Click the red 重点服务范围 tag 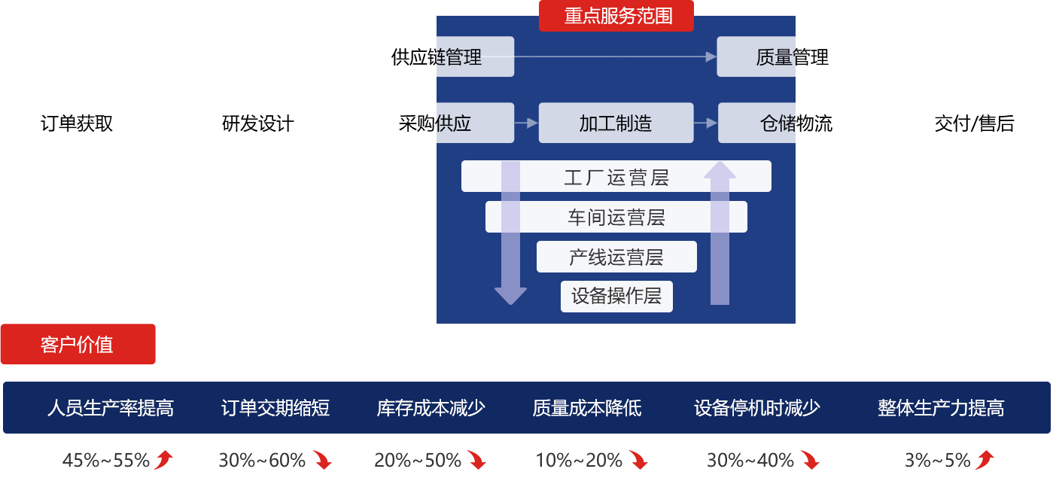pos(616,16)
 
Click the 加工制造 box pos(616,123)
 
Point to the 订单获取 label pos(77,123)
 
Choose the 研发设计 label pos(258,123)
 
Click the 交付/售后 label pos(974,123)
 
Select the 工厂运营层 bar pos(616,177)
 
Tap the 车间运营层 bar pos(616,218)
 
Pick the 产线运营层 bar pos(616,257)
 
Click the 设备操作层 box pos(616,296)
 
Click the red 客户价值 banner pos(78,345)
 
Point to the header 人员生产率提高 pos(110,408)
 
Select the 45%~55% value pos(106,460)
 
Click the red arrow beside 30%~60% pos(323,460)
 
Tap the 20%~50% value pos(418,460)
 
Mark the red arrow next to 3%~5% pos(985,460)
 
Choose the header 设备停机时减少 pos(756,408)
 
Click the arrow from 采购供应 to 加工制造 pos(526,123)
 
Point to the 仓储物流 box pos(775,123)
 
